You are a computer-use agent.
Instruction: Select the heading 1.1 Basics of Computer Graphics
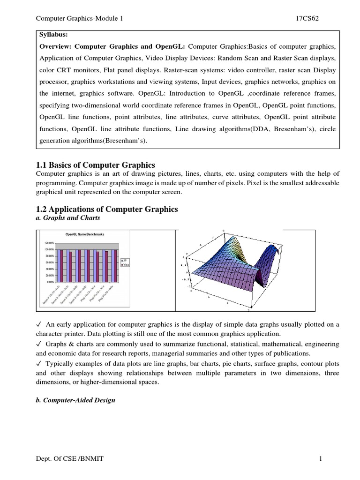95,165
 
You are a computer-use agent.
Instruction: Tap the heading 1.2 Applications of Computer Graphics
107,209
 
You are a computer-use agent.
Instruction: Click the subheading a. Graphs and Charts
68,218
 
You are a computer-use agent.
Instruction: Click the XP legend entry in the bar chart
125,259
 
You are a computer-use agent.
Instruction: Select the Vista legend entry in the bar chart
126,264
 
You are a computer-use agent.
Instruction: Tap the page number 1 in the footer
321,459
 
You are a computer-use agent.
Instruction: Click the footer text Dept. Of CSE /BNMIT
70,459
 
